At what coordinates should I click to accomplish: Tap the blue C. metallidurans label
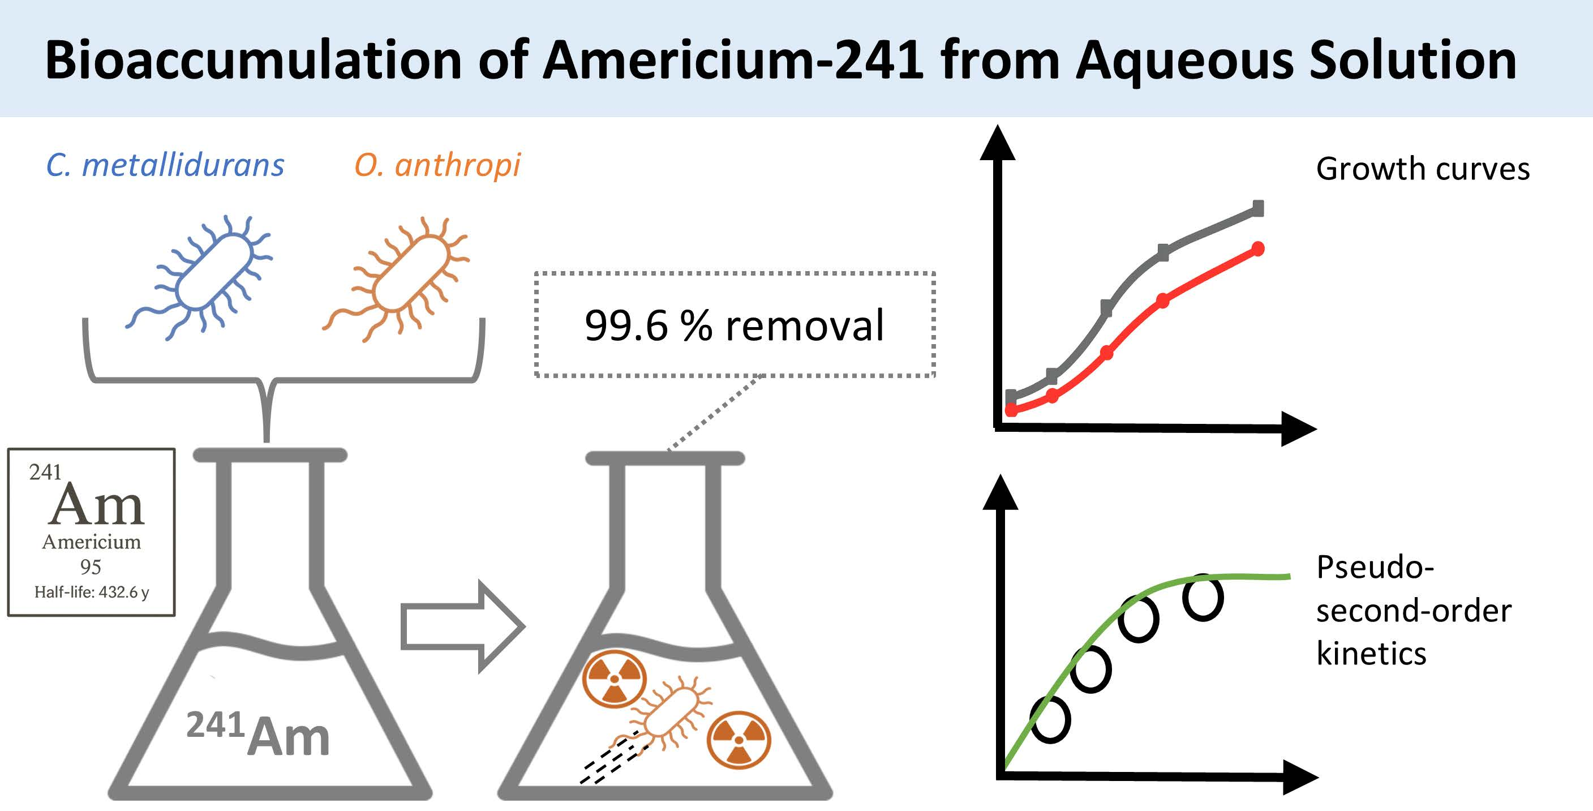(165, 166)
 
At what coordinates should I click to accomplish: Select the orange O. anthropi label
(437, 166)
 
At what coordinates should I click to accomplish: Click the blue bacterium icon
(207, 275)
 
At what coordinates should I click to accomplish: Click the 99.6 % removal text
(734, 325)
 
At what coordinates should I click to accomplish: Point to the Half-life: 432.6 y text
(92, 593)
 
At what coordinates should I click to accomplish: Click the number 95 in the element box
(91, 567)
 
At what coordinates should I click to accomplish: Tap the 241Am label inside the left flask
(259, 733)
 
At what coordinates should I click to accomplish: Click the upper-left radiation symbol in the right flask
(614, 679)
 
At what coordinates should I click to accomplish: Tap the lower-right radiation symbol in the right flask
(739, 740)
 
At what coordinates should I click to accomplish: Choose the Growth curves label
(1422, 169)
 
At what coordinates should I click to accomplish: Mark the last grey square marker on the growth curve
(1257, 208)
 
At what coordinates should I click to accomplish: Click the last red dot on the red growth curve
(1258, 250)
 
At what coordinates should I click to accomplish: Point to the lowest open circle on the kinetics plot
(1051, 719)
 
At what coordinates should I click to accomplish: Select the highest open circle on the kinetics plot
(1203, 598)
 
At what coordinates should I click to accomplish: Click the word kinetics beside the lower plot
(1371, 654)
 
